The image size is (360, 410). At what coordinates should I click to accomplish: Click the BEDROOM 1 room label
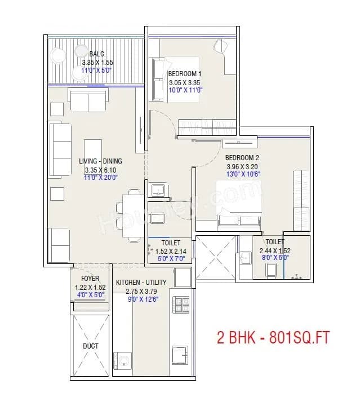[184, 74]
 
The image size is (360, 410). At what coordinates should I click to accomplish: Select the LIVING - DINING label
[100, 161]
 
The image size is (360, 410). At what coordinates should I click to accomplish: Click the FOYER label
[90, 279]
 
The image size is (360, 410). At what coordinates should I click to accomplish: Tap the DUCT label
[91, 346]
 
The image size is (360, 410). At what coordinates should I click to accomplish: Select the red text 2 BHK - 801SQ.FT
[273, 338]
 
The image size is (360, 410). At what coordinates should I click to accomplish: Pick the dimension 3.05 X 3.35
[184, 82]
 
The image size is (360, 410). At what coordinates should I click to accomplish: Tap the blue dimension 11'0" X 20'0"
[100, 178]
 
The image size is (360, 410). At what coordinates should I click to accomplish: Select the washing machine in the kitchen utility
[123, 360]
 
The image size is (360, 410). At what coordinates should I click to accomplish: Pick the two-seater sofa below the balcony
[87, 100]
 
